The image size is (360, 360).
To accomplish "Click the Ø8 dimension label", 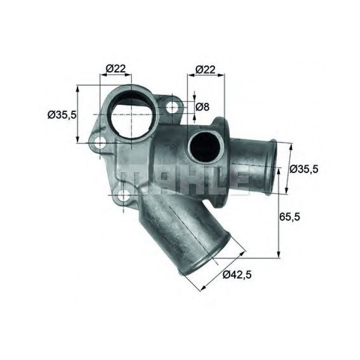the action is (202, 107).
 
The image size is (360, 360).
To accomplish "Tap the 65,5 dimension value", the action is (290, 216).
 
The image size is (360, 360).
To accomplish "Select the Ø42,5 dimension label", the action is (237, 275).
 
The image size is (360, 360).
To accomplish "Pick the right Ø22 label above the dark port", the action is (205, 69).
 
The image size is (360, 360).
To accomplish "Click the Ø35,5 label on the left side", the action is (62, 114).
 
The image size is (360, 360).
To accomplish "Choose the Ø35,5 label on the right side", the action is (304, 169).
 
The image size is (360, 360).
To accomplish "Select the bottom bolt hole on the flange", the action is (123, 195).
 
